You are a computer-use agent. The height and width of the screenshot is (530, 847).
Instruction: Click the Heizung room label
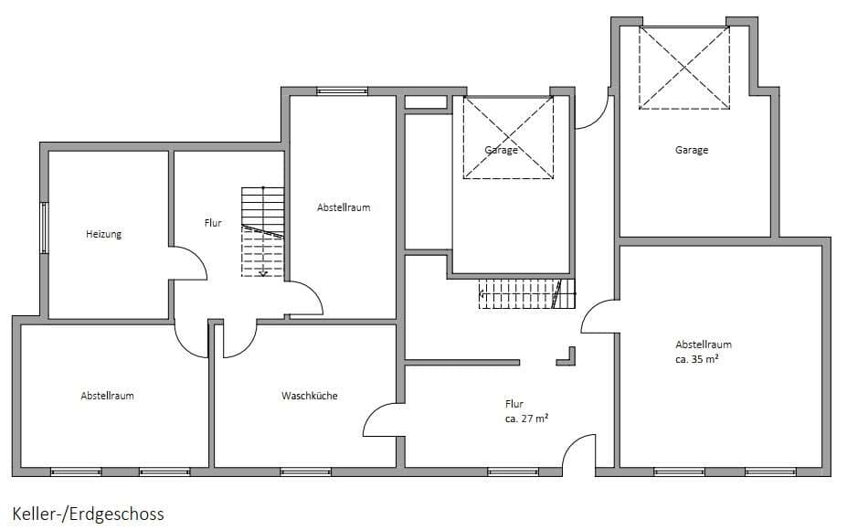pyautogui.click(x=104, y=234)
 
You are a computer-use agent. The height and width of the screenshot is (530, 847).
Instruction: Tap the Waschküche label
pyautogui.click(x=310, y=396)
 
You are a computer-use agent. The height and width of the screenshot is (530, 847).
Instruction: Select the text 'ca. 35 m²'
pyautogui.click(x=697, y=359)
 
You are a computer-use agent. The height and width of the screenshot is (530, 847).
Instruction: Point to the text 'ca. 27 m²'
pyautogui.click(x=526, y=419)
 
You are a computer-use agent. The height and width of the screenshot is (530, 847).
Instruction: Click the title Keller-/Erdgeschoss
pyautogui.click(x=88, y=514)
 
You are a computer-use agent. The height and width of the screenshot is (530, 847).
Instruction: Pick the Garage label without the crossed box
pyautogui.click(x=692, y=150)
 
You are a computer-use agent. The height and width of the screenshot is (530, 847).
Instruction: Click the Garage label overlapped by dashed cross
pyautogui.click(x=502, y=150)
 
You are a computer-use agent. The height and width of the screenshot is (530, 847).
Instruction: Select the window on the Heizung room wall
pyautogui.click(x=44, y=228)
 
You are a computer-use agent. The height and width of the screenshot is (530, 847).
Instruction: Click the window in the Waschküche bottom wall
pyautogui.click(x=306, y=472)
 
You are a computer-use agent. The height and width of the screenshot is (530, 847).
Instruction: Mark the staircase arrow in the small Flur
pyautogui.click(x=263, y=231)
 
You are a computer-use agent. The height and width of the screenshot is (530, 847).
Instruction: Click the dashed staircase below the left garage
pyautogui.click(x=526, y=294)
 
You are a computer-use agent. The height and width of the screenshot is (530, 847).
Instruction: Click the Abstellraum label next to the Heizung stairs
pyautogui.click(x=344, y=207)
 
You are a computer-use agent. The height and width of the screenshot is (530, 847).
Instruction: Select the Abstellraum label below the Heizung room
pyautogui.click(x=107, y=396)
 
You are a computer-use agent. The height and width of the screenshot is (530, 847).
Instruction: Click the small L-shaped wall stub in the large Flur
pyautogui.click(x=567, y=357)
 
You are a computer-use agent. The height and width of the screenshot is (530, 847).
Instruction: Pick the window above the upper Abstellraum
pyautogui.click(x=342, y=91)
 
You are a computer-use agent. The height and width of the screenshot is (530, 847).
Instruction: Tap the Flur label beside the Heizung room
pyautogui.click(x=213, y=223)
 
